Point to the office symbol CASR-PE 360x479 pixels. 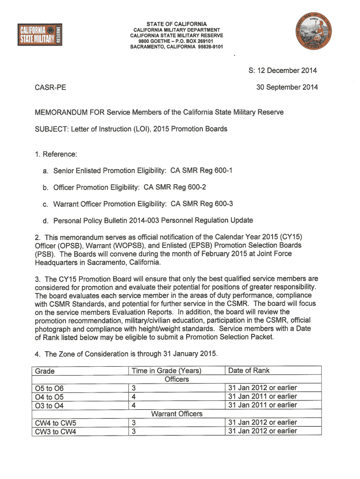click(x=50, y=87)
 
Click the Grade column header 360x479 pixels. click(x=45, y=371)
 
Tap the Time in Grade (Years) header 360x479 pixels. click(x=166, y=371)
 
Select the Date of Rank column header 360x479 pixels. click(x=249, y=370)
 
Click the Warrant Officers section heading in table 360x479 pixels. click(x=177, y=414)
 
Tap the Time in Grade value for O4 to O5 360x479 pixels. click(x=134, y=397)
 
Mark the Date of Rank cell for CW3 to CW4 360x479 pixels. click(x=262, y=431)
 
